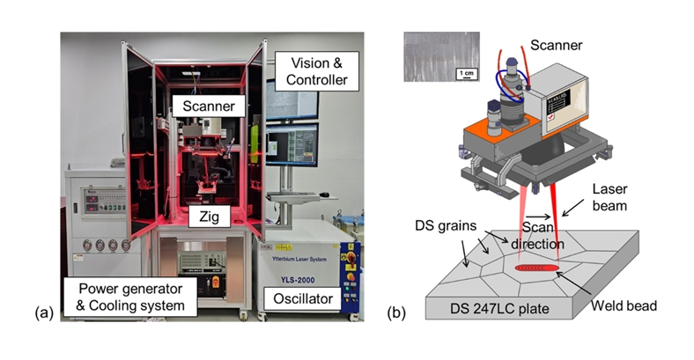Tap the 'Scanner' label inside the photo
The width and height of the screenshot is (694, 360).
(x=208, y=106)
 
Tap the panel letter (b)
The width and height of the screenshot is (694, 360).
(x=397, y=312)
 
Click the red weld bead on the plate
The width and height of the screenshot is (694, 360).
(x=539, y=265)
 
